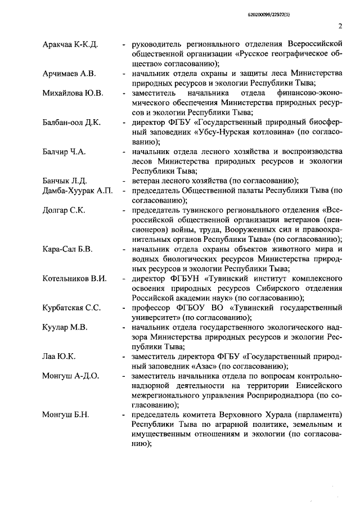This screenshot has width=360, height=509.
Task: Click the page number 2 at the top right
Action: (x=341, y=25)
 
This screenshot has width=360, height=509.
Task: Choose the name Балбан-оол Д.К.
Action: (x=71, y=122)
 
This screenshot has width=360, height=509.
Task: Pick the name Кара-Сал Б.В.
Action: (x=69, y=249)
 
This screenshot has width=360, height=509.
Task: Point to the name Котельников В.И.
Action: (x=75, y=278)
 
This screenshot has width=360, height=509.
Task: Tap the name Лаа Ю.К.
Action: (x=59, y=356)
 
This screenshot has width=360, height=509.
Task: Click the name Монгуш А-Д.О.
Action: (x=71, y=376)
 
